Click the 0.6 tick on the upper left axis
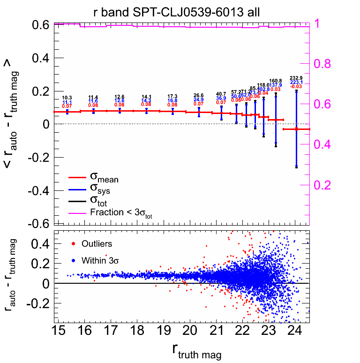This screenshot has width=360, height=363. tap(38, 25)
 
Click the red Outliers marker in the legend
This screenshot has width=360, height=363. tap(73, 244)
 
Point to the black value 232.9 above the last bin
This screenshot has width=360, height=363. tap(296, 78)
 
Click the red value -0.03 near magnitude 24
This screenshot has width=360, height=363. tap(296, 87)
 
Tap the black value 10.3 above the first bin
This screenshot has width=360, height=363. tap(67, 98)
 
